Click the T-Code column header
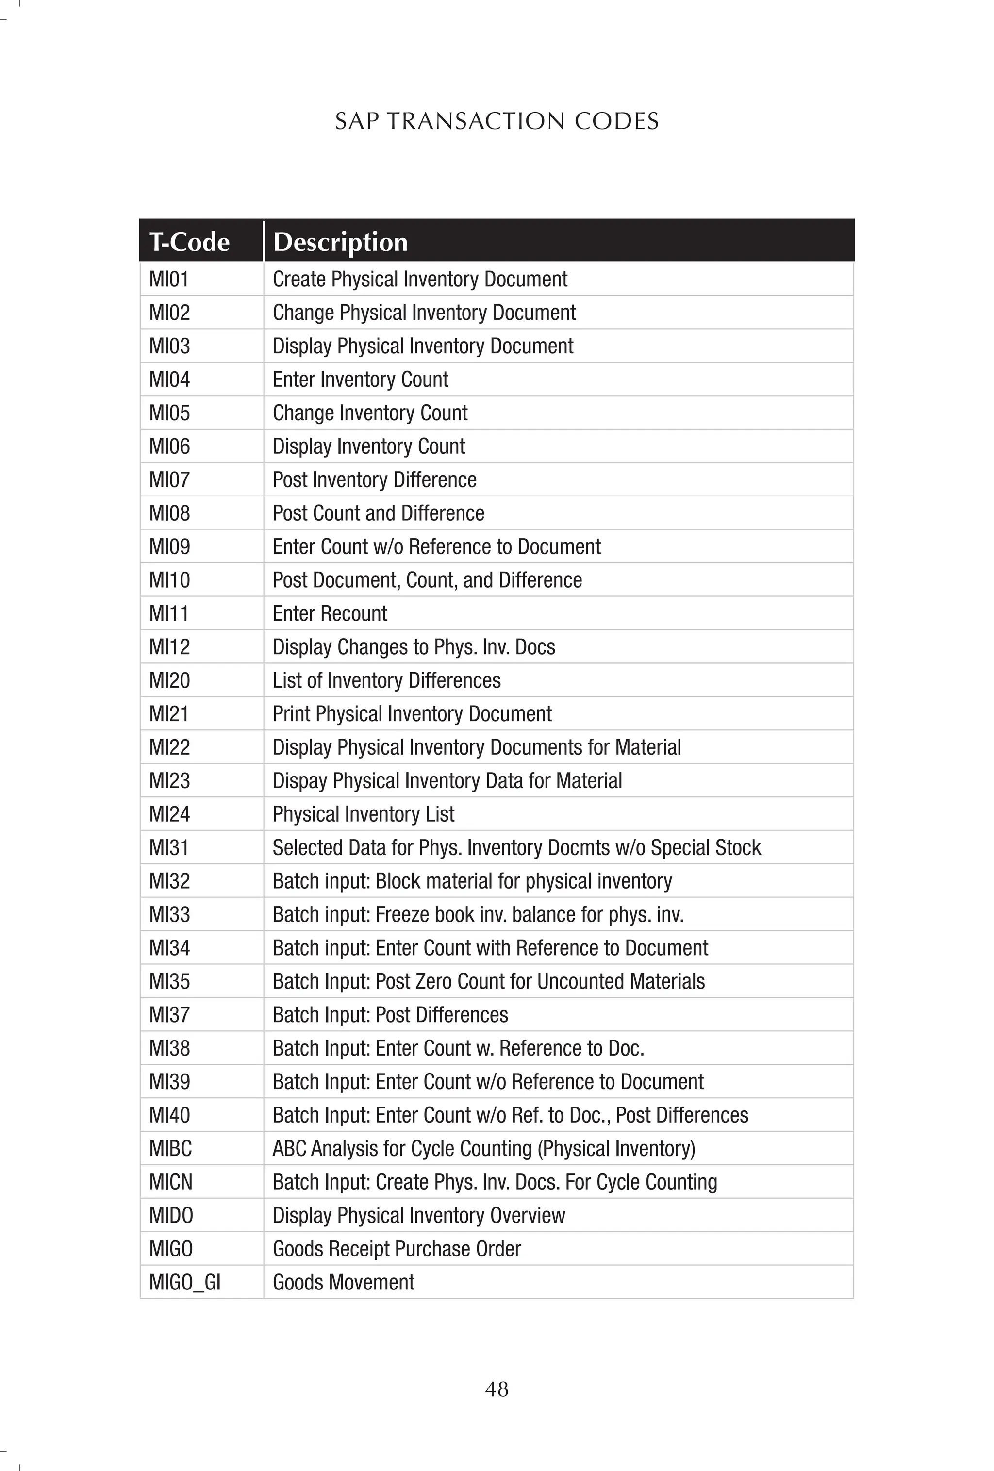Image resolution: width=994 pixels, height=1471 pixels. pos(189,242)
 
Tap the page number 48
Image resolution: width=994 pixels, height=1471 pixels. pos(497,1388)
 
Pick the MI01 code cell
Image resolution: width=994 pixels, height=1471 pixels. pos(169,279)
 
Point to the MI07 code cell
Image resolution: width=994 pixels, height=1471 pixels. pos(169,480)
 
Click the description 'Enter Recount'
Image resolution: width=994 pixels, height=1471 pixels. pos(330,613)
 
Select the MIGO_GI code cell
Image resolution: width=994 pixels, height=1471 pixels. pos(185,1282)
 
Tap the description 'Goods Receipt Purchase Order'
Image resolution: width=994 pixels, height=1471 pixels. pos(397,1249)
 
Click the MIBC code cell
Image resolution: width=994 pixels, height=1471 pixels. pos(170,1148)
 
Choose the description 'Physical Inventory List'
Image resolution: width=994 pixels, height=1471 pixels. pos(364,814)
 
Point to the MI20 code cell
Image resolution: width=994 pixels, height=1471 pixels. pos(169,680)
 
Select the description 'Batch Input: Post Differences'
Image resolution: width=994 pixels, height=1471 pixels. pos(390,1015)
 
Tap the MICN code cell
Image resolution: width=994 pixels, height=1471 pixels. pos(170,1182)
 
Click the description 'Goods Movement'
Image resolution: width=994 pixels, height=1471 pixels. pos(343,1282)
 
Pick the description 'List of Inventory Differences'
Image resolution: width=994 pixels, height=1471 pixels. pos(386,680)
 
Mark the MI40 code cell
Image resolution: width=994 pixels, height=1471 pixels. pos(169,1115)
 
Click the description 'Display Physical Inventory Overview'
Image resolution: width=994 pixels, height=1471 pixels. pos(418,1215)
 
